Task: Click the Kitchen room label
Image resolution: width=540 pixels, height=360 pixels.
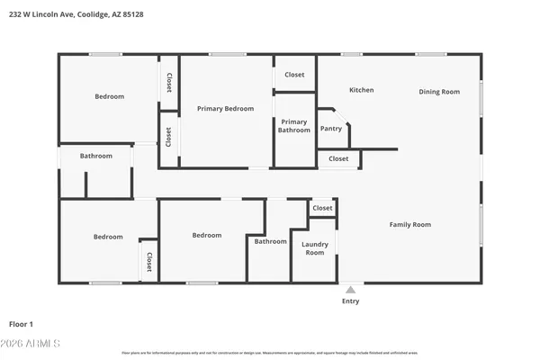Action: [361, 90]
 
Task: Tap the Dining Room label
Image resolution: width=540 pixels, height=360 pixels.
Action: [439, 92]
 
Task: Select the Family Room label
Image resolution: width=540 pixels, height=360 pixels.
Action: [409, 224]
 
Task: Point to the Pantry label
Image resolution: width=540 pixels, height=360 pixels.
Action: [331, 129]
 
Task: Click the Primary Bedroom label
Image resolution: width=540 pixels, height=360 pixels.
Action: [225, 109]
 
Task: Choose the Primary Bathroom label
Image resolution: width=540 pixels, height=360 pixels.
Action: [294, 126]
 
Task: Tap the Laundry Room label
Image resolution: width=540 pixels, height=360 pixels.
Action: [314, 248]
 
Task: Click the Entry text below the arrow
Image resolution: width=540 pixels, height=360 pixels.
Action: [350, 301]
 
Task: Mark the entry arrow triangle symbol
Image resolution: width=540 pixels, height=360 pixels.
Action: [350, 289]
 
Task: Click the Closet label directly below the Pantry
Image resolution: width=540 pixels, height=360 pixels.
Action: [338, 158]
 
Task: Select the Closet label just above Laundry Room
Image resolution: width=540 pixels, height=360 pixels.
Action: [322, 208]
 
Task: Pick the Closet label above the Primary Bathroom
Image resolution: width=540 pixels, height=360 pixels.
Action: [294, 75]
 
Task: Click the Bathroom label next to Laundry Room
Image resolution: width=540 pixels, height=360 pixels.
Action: [270, 241]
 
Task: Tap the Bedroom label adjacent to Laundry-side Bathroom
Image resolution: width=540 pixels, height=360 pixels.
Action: [206, 236]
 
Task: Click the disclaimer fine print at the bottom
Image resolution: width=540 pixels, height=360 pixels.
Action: [270, 353]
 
